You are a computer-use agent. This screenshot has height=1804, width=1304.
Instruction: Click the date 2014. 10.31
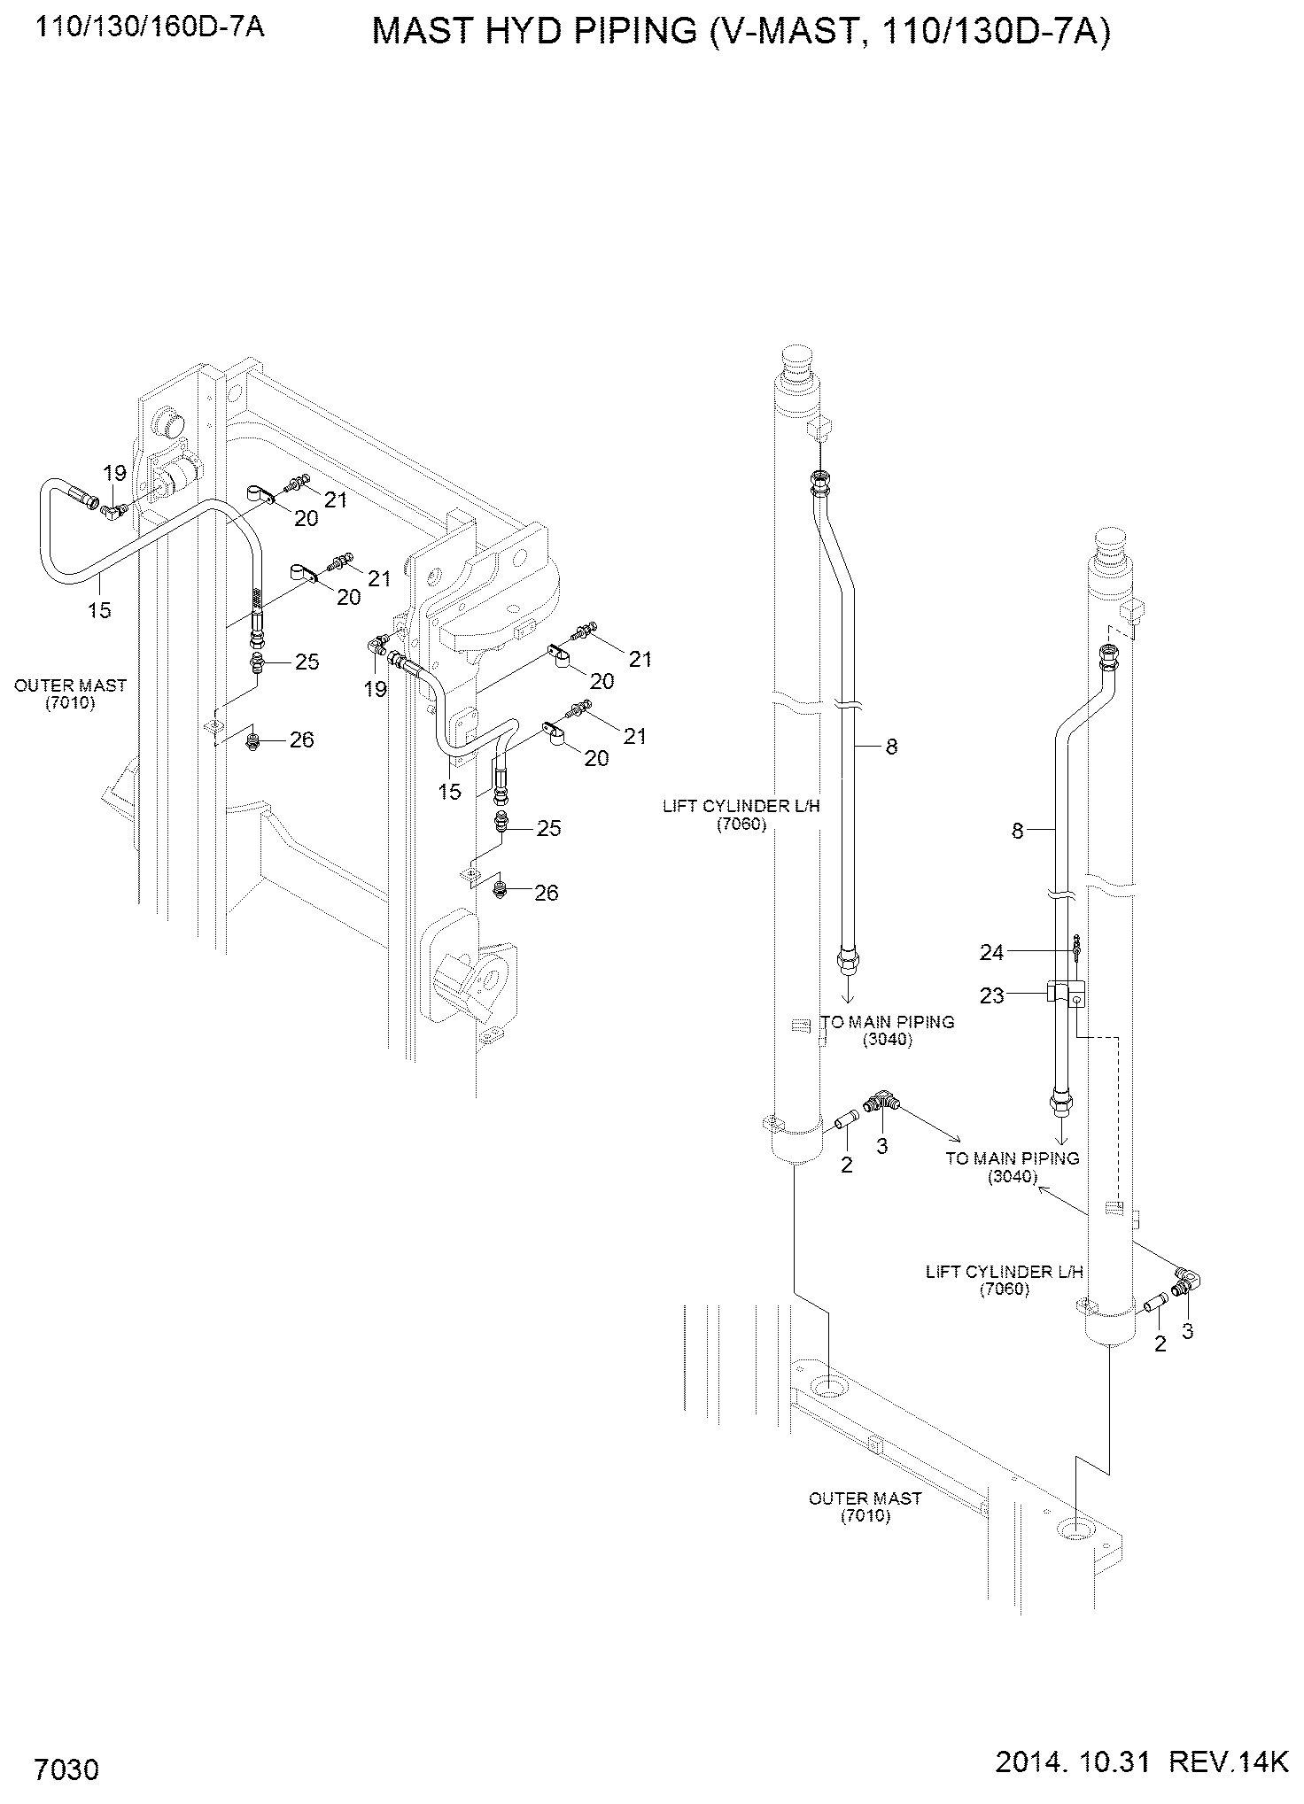tap(1073, 1763)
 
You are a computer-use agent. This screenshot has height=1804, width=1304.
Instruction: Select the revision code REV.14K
tap(1228, 1763)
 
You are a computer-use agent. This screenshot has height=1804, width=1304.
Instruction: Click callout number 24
tap(991, 952)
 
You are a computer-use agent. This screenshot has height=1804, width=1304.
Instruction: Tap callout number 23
tap(991, 996)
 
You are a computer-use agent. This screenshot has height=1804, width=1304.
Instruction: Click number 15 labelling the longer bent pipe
tap(99, 609)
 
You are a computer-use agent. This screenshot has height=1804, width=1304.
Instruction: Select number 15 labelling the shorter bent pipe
tap(450, 792)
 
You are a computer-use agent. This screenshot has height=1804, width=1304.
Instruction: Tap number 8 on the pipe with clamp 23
tap(1018, 831)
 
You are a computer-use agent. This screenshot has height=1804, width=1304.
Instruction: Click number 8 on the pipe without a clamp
tap(891, 747)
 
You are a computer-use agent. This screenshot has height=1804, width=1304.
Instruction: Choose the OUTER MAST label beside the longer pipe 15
tap(70, 693)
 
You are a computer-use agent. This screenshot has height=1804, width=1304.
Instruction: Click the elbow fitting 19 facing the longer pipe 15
tap(113, 509)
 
